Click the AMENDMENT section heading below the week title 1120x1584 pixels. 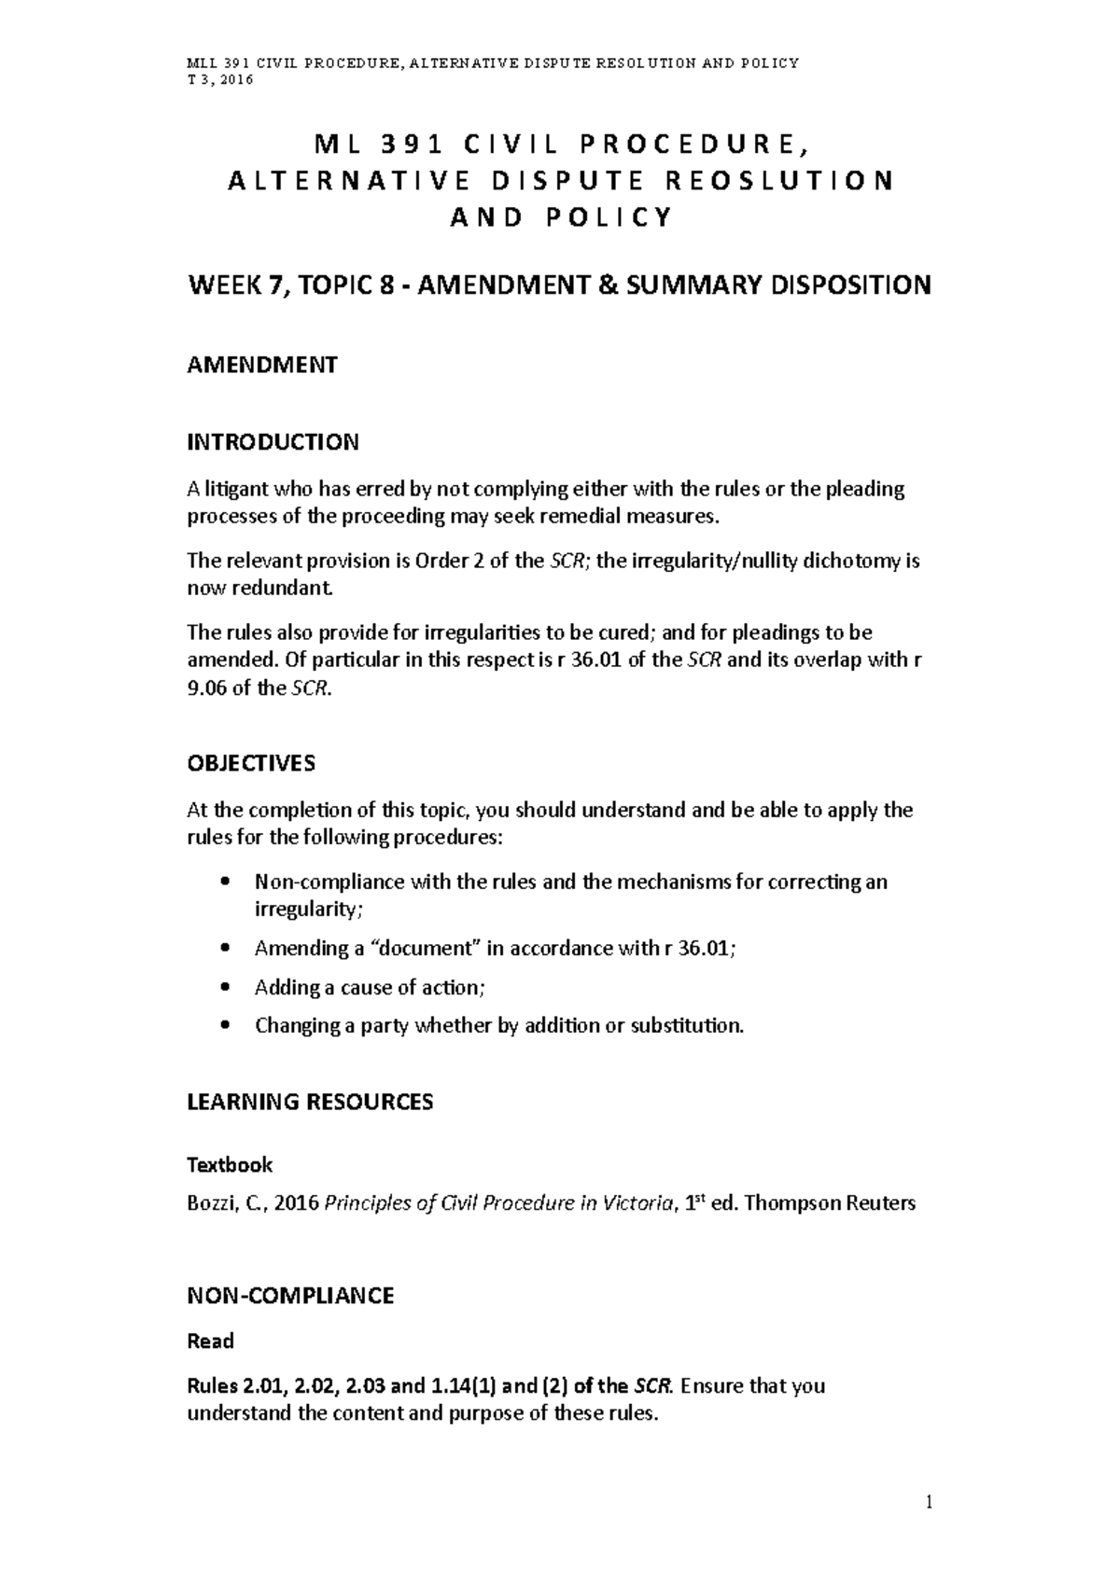[x=262, y=365]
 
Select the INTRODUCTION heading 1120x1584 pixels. [x=273, y=441]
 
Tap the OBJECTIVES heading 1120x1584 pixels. [x=251, y=763]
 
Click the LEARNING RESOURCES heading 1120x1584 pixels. [x=310, y=1102]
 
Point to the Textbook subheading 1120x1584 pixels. [x=230, y=1164]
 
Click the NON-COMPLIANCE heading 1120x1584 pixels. [x=290, y=1295]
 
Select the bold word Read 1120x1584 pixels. [x=210, y=1341]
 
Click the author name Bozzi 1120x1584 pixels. [x=209, y=1203]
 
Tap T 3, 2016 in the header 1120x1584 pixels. [x=220, y=80]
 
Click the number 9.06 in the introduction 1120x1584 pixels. [x=206, y=689]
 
